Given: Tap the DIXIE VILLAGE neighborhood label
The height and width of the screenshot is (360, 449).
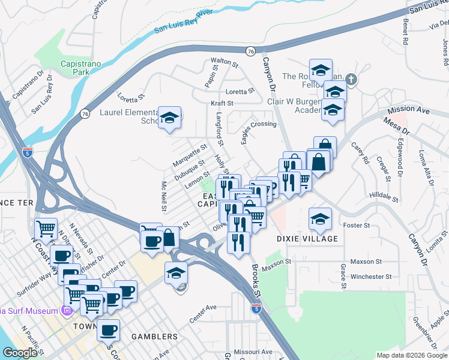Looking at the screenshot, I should [x=307, y=238].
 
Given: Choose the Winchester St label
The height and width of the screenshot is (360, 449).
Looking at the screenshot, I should [x=371, y=277].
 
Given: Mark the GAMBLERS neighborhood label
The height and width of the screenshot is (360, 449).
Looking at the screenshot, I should [x=155, y=337].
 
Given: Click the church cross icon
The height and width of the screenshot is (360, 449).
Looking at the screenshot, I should [x=352, y=79].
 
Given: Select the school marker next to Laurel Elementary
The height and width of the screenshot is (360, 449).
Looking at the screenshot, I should [x=170, y=118].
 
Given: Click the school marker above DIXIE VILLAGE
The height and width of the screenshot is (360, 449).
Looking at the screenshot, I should [x=321, y=219].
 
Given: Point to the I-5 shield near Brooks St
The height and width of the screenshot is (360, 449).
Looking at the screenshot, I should [x=256, y=308].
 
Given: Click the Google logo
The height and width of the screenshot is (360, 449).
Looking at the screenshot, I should [x=20, y=352].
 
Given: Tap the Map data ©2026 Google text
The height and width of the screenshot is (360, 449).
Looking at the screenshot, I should [x=412, y=355].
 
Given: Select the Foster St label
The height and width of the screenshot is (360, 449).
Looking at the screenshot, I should [x=357, y=225].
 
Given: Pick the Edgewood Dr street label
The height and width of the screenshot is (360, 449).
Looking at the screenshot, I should [x=398, y=160].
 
